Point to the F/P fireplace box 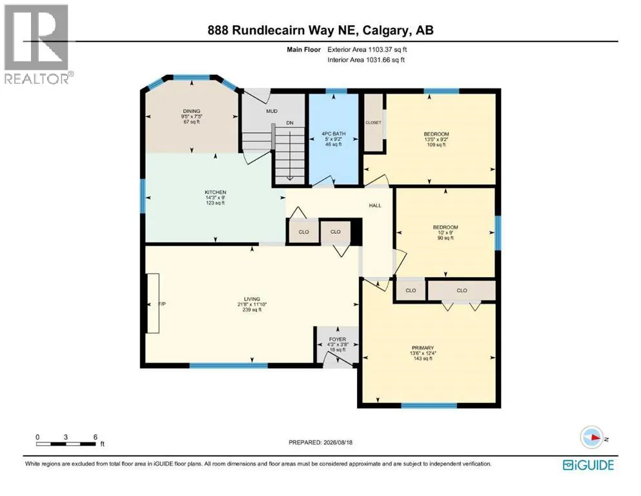[153, 303]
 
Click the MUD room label [272, 111]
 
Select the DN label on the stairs [289, 123]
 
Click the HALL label [375, 205]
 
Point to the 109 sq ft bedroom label [436, 139]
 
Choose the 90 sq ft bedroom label [445, 232]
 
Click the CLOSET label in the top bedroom [373, 123]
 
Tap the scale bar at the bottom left [66, 444]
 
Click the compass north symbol [592, 437]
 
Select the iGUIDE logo [588, 465]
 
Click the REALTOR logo [37, 44]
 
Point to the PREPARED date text [320, 442]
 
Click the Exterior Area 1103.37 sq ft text [367, 50]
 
